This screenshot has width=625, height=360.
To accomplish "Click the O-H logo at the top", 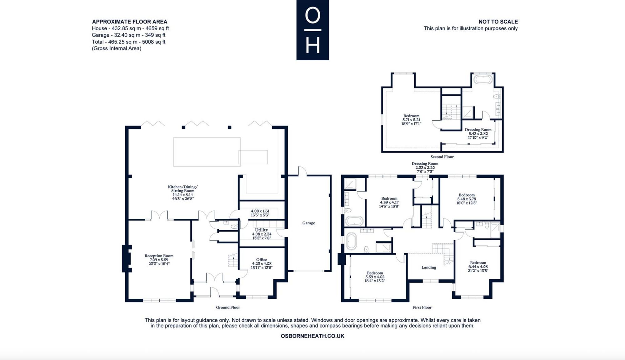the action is pyautogui.click(x=312, y=30).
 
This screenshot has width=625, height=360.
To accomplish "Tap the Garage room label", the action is pyautogui.click(x=308, y=223).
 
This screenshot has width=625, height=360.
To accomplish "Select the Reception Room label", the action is pyautogui.click(x=159, y=256).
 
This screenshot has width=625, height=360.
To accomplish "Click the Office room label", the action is pyautogui.click(x=262, y=259).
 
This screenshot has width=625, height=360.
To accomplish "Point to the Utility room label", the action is pyautogui.click(x=262, y=230).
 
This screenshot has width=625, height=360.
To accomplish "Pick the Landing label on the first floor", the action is pyautogui.click(x=429, y=267).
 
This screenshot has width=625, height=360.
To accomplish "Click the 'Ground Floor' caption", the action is pyautogui.click(x=228, y=307).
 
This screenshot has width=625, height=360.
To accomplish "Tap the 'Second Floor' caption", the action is pyautogui.click(x=442, y=157).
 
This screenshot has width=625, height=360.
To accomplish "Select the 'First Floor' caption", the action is pyautogui.click(x=422, y=307).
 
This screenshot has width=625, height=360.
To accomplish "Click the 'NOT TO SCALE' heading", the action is pyautogui.click(x=498, y=22).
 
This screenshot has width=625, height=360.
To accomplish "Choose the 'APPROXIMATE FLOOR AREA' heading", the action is pyautogui.click(x=130, y=22).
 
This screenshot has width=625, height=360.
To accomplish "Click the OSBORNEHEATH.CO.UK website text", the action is pyautogui.click(x=312, y=336).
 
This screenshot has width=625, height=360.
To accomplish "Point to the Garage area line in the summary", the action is pyautogui.click(x=128, y=35).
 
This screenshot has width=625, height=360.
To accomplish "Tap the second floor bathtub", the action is pyautogui.click(x=483, y=79).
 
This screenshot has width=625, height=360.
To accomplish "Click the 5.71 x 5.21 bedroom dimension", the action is pyautogui.click(x=411, y=120).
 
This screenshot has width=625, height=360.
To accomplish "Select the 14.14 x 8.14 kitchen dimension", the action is pyautogui.click(x=183, y=195).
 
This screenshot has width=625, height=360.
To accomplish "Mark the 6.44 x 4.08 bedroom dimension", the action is pyautogui.click(x=478, y=267).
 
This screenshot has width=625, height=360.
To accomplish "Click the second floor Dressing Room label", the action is pyautogui.click(x=478, y=130).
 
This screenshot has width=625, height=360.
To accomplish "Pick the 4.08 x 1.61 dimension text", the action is pyautogui.click(x=260, y=211).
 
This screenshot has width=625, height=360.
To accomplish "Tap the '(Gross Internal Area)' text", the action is pyautogui.click(x=117, y=48).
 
